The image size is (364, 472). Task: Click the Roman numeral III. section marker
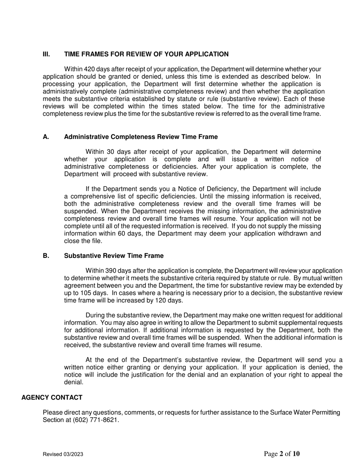click(46, 54)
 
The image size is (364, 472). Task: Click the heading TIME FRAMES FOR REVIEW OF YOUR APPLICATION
click(146, 54)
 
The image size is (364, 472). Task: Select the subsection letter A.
click(46, 137)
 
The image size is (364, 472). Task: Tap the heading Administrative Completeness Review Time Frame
click(141, 137)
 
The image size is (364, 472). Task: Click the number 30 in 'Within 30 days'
click(110, 152)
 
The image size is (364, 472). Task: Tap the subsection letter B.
click(46, 256)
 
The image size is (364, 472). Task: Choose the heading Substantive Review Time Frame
click(114, 256)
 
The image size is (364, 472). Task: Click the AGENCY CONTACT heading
click(52, 398)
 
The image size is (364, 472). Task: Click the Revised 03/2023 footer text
click(63, 455)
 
